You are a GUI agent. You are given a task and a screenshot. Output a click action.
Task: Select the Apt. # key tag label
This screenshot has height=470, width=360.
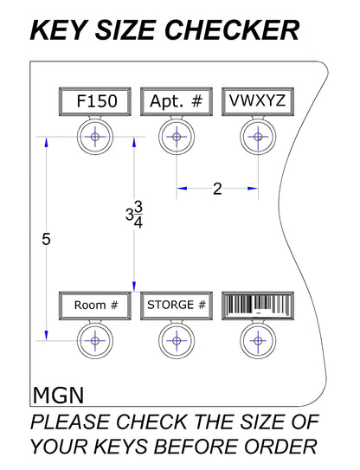(x=177, y=101)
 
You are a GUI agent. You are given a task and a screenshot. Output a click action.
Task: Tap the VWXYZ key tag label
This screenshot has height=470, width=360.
(x=258, y=101)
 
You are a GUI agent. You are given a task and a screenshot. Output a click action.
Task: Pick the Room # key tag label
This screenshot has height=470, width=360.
(x=95, y=306)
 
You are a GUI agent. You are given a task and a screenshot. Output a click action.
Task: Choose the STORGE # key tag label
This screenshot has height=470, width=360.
(x=177, y=306)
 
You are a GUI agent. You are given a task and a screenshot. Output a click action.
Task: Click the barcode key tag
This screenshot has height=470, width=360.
(x=258, y=306)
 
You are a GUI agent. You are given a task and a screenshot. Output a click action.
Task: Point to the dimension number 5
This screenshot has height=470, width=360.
(x=46, y=240)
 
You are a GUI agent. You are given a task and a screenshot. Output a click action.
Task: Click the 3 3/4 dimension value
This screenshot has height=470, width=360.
(x=134, y=215)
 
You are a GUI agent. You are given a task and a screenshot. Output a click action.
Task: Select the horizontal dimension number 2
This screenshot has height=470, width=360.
(x=217, y=189)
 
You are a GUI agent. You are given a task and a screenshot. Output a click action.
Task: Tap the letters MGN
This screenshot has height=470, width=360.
(x=58, y=396)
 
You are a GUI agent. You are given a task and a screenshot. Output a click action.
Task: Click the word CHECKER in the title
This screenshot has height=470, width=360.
(x=232, y=30)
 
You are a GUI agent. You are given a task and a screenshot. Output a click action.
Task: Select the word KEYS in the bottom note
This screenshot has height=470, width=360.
(x=120, y=447)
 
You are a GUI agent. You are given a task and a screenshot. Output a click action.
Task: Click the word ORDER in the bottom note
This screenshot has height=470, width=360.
(x=280, y=447)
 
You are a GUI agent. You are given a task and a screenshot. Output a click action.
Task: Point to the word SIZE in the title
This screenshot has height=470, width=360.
(x=125, y=30)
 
